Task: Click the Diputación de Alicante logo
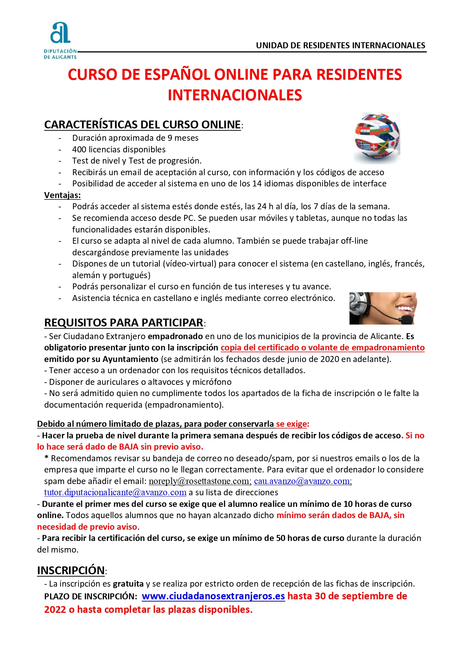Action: (60, 40)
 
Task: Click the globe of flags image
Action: (377, 138)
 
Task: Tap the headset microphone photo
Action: (383, 308)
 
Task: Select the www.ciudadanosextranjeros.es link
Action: (213, 596)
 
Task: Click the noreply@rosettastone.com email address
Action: (200, 481)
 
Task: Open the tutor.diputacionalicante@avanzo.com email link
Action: (115, 492)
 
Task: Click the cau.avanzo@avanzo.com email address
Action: (302, 481)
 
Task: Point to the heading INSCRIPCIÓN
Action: (71, 570)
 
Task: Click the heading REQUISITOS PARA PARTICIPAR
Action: (124, 322)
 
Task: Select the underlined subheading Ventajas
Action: (62, 195)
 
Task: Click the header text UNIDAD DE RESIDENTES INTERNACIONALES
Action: (341, 46)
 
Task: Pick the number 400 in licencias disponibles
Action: (79, 149)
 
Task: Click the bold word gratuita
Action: (128, 584)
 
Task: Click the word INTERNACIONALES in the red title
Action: (235, 95)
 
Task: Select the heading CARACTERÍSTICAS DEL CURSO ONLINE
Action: (143, 124)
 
